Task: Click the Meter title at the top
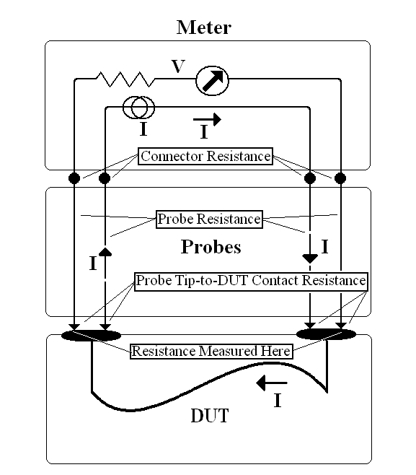[204, 27]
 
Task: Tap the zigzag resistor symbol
[125, 79]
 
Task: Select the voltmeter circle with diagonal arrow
[212, 81]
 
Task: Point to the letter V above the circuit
[178, 66]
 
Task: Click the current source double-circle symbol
[138, 108]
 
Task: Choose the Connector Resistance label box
[205, 157]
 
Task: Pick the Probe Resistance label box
[209, 219]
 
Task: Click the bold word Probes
[211, 247]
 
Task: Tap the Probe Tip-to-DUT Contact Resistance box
[251, 281]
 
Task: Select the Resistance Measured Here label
[211, 351]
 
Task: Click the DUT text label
[210, 415]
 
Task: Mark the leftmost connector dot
[74, 178]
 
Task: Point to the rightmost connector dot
[340, 178]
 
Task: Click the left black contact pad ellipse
[91, 336]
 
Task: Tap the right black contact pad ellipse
[326, 334]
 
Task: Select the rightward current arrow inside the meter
[207, 119]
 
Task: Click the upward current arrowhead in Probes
[105, 252]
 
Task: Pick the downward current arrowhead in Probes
[310, 258]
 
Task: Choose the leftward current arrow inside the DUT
[272, 383]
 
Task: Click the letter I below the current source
[143, 128]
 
